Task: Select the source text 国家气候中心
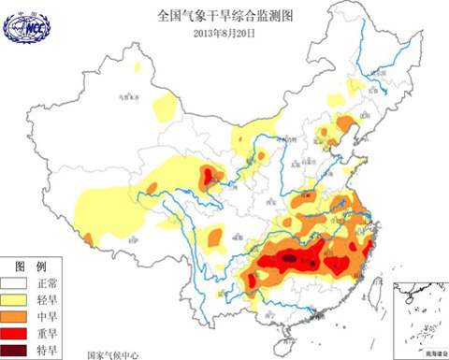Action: tap(112, 354)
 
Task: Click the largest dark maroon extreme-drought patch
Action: tap(293, 253)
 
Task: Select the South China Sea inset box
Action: tap(421, 317)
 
